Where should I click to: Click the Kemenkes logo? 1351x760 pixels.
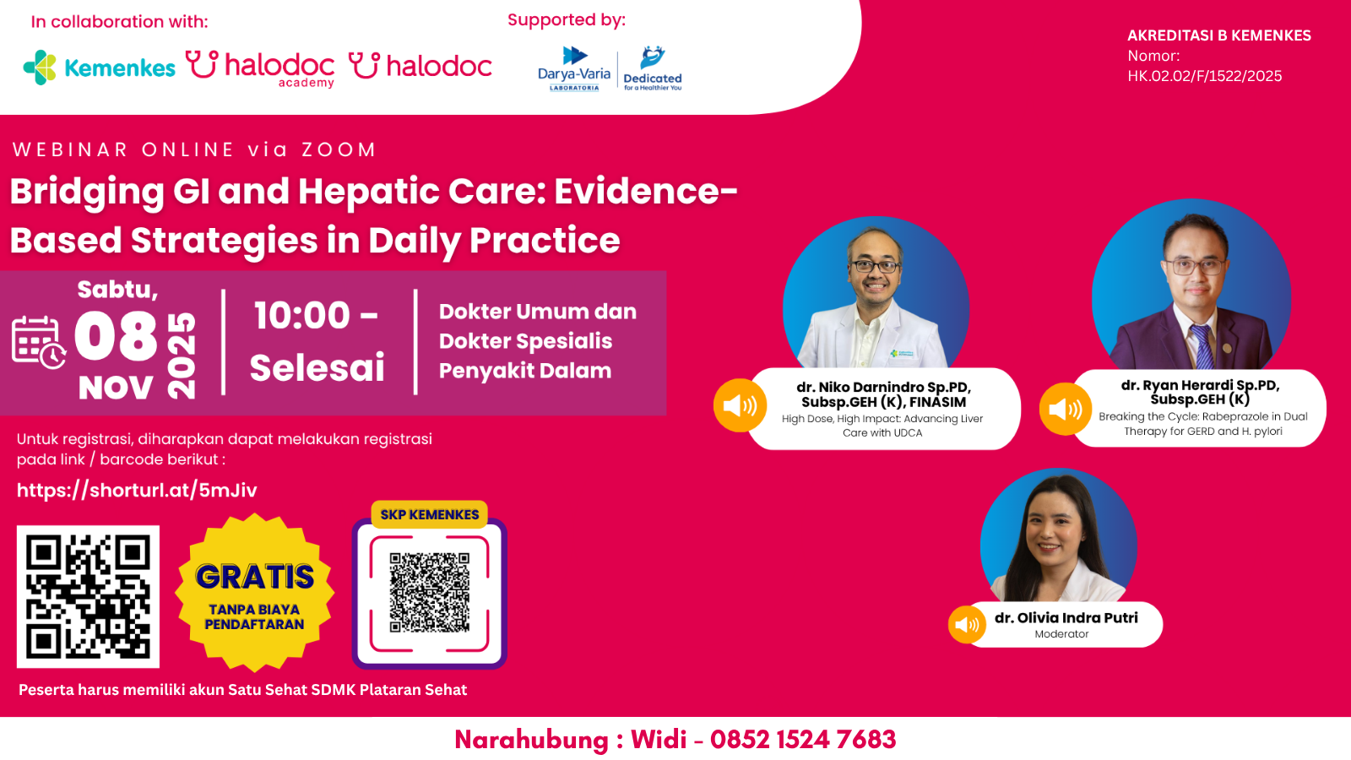tap(100, 68)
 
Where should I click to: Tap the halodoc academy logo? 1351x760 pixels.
tap(260, 68)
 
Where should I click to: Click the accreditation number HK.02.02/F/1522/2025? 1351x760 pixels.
tap(1204, 76)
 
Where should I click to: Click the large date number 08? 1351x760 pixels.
tap(116, 336)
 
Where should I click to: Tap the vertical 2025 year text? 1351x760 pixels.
tap(182, 356)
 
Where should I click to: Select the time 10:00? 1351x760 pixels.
tap(302, 316)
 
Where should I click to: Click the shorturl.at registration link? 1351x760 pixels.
tap(137, 491)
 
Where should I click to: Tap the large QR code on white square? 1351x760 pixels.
tap(88, 596)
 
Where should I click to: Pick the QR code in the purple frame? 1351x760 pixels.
tap(429, 593)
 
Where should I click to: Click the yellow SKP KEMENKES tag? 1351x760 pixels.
tap(429, 514)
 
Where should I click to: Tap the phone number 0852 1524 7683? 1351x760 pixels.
tap(803, 740)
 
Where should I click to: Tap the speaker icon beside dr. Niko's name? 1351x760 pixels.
tap(740, 405)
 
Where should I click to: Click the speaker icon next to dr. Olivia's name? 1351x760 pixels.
tap(967, 625)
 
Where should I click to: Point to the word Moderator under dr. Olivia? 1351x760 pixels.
tap(1061, 634)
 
